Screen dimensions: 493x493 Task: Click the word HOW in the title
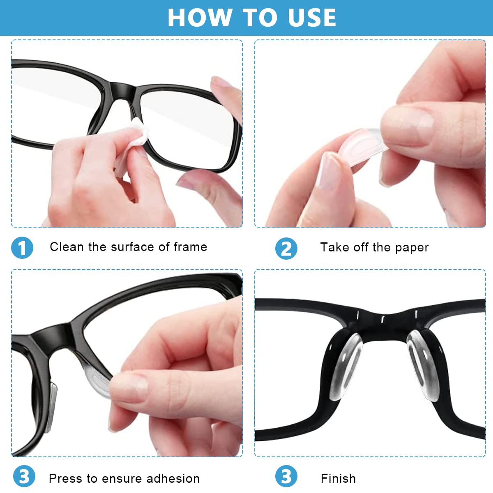coord(200,18)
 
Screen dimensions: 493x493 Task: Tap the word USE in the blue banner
coord(312,18)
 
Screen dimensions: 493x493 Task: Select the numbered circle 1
coord(22,248)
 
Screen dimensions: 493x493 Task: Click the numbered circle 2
coord(286,249)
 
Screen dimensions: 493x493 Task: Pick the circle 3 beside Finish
coord(286,476)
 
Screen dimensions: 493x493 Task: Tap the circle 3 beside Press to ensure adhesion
coord(24,476)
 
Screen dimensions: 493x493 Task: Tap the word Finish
coord(338,479)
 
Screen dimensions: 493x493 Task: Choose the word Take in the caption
coord(334,247)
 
